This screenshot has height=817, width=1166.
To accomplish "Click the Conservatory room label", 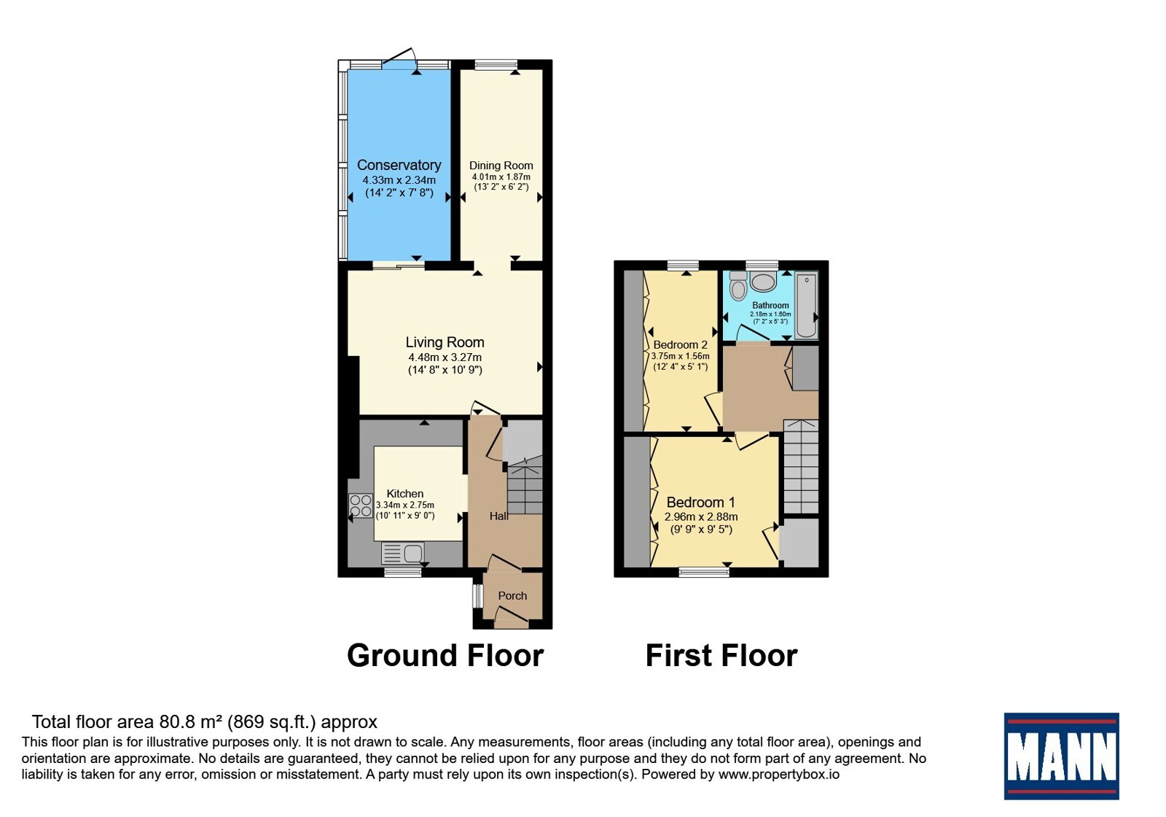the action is [399, 165].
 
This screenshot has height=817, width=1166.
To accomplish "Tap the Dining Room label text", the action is [501, 166].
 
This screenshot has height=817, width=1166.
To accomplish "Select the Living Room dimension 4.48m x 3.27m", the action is [445, 357].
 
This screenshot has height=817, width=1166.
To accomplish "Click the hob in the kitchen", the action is [361, 506].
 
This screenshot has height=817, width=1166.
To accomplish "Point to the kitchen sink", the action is [403, 553].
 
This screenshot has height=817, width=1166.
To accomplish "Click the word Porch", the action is [512, 595].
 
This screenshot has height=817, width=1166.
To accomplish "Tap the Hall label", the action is [498, 516].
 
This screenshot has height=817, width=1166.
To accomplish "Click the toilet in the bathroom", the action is [738, 285].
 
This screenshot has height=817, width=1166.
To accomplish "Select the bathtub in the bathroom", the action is [806, 306].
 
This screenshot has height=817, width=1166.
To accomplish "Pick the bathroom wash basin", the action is [764, 282].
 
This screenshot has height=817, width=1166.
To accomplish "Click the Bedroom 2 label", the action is [681, 344].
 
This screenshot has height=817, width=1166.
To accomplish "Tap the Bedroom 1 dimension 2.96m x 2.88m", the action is [700, 517].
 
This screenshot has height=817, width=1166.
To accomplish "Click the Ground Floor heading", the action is [445, 655].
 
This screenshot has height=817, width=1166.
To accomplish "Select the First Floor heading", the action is [721, 655].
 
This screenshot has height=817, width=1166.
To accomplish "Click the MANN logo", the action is [1061, 756].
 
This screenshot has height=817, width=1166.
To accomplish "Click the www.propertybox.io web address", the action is [779, 774].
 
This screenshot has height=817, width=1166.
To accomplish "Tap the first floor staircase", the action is [801, 467].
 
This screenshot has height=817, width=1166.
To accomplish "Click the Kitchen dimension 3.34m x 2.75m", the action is [405, 505].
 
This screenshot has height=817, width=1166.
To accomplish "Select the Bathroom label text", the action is [770, 306].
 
